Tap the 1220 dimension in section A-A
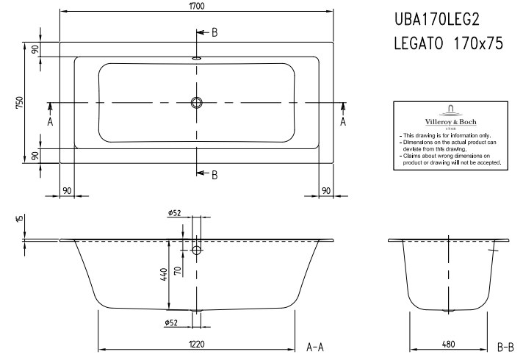click(196, 344)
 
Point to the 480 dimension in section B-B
click(449, 344)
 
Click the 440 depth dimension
click(164, 274)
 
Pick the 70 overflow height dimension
click(178, 270)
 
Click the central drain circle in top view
click(196, 102)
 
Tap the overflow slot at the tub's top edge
click(196, 58)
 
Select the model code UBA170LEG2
click(437, 20)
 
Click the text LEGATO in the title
click(419, 43)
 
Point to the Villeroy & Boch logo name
click(450, 122)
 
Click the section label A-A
click(315, 348)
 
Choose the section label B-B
click(505, 348)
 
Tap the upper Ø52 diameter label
click(174, 213)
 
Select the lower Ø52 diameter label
click(170, 323)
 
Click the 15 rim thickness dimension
click(19, 218)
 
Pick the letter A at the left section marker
click(50, 121)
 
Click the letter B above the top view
click(214, 32)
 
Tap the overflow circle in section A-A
click(196, 250)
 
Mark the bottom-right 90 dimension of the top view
click(326, 190)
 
